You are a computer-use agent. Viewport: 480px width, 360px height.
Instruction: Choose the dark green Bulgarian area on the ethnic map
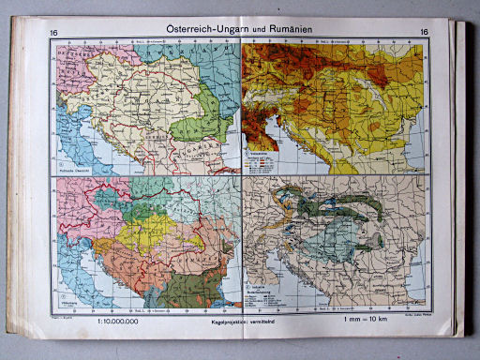click(x=202, y=281)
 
